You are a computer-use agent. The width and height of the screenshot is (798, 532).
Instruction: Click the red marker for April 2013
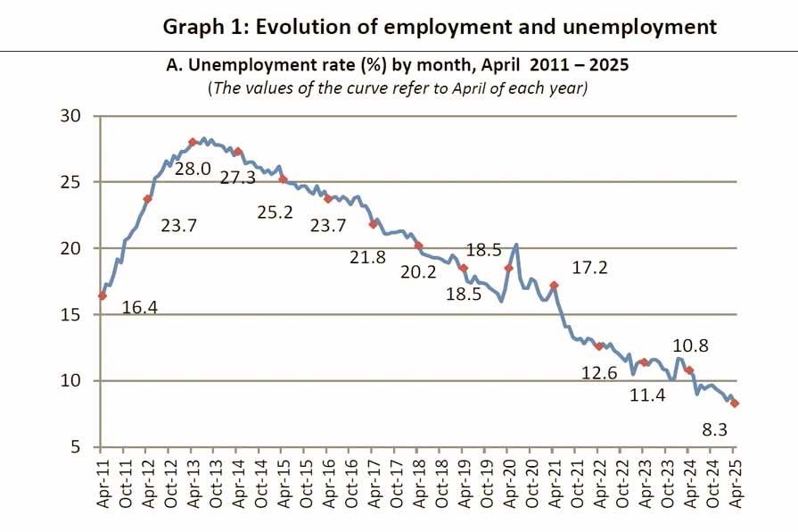[x=193, y=142]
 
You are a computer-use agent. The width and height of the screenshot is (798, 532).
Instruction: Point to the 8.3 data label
[x=716, y=430]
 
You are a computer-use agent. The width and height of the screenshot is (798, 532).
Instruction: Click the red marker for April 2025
[x=735, y=403]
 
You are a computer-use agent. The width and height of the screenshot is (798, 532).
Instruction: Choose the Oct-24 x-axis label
[x=712, y=483]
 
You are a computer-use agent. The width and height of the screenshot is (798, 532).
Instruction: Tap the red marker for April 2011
[x=102, y=295]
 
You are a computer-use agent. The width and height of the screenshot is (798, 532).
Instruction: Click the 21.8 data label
[x=367, y=257]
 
